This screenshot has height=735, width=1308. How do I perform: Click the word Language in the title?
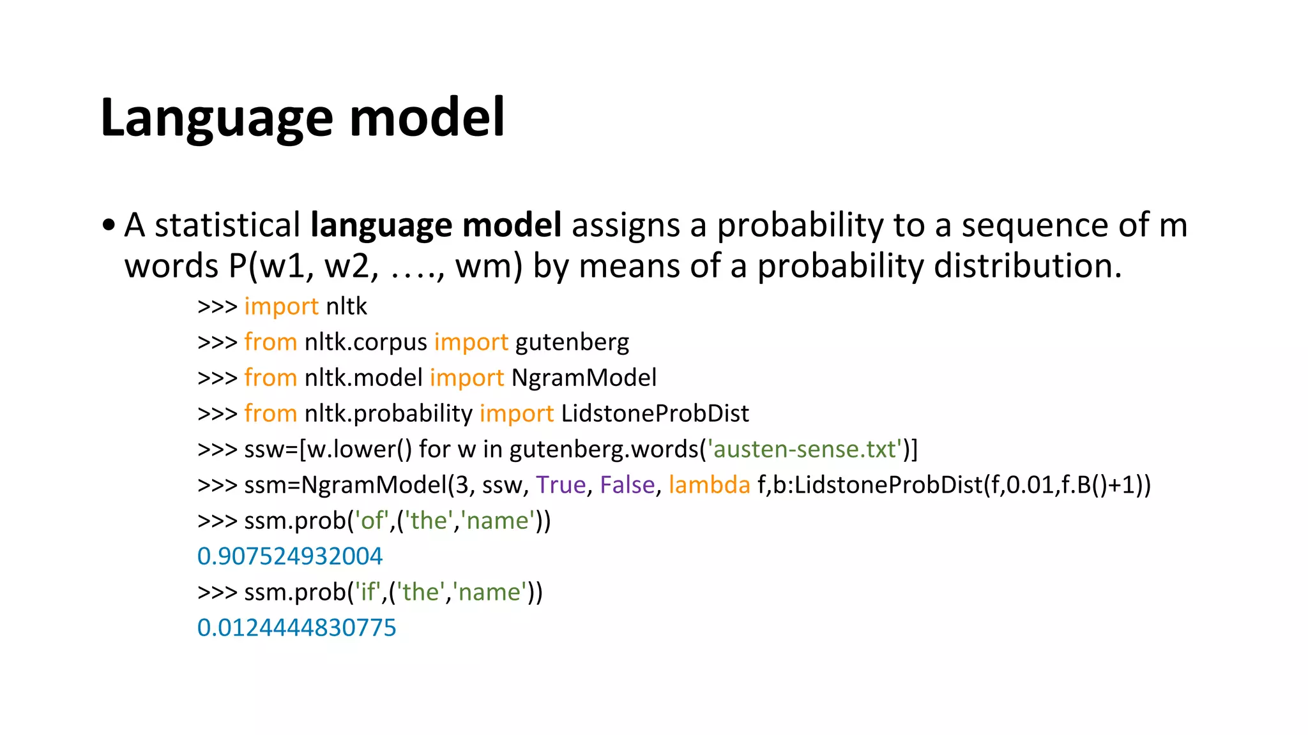point(216,118)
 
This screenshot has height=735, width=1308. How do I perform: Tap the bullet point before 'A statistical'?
point(109,225)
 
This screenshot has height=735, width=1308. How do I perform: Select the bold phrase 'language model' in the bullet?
point(436,225)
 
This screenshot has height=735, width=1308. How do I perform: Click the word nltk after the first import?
point(346,306)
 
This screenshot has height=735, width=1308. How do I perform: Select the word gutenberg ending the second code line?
point(572,343)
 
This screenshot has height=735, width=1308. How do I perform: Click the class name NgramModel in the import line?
point(584,378)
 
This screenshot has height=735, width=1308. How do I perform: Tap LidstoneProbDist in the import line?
point(655,413)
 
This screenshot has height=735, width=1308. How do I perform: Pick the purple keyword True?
point(561,485)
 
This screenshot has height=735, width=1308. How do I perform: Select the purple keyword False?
point(627,485)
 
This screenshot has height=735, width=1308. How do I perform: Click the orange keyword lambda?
point(709,485)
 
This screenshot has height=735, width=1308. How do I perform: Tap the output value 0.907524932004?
point(289,556)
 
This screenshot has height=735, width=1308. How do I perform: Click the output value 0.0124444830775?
point(296,628)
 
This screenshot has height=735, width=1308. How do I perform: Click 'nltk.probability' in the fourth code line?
point(388,413)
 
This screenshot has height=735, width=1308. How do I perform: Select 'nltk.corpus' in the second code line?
point(365,343)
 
